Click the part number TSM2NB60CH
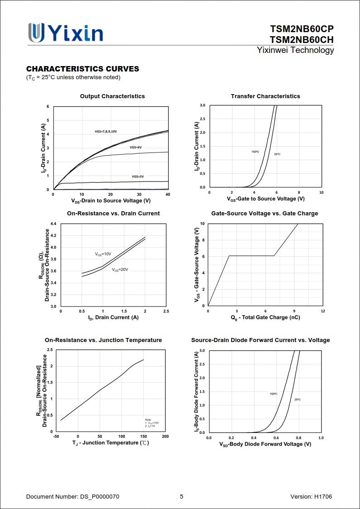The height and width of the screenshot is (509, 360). tap(302, 40)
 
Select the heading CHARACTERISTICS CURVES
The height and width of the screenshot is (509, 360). tap(83, 69)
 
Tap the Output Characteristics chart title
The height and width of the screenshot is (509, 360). tap(113, 96)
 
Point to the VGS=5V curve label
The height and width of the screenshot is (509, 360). tap(137, 176)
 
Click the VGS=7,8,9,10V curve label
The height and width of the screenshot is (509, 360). tap(106, 131)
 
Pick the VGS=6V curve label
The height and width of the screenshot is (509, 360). tap(136, 147)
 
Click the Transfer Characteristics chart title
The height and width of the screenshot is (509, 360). tap(265, 96)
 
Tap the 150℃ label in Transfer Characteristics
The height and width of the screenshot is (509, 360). tap(256, 152)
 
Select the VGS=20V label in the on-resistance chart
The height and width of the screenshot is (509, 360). tap(120, 270)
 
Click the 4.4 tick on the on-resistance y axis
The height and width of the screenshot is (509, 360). tap(53, 224)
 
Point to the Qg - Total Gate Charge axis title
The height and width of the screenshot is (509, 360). tap(265, 318)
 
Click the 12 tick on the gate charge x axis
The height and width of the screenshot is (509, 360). tap(323, 311)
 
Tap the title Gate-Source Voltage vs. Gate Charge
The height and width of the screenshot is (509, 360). tap(265, 214)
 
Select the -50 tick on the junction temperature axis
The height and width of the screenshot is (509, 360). tap(56, 437)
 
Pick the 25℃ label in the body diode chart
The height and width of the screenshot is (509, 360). tap(298, 400)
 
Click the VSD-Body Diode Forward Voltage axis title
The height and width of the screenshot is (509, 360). tap(265, 444)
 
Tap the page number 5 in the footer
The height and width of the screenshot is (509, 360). tap(182, 497)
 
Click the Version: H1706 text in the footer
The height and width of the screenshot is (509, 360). tap(311, 497)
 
